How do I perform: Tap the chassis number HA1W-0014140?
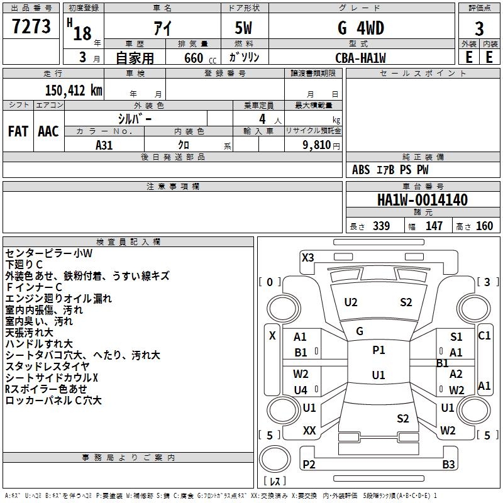tap(422, 201)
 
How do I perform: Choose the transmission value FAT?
tap(18, 131)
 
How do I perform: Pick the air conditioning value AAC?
tap(48, 131)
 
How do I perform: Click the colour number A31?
tap(104, 145)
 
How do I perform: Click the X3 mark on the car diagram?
tap(307, 257)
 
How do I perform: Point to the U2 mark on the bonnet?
tap(350, 302)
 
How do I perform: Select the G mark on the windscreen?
tap(360, 331)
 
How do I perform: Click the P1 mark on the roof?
tap(379, 350)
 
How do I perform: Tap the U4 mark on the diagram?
tap(301, 390)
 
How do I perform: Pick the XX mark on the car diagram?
tap(309, 430)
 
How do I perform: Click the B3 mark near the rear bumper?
tap(448, 465)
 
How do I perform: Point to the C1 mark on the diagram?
tap(484, 336)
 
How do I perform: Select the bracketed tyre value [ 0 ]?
tap(270, 282)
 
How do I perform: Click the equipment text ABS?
tap(361, 170)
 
